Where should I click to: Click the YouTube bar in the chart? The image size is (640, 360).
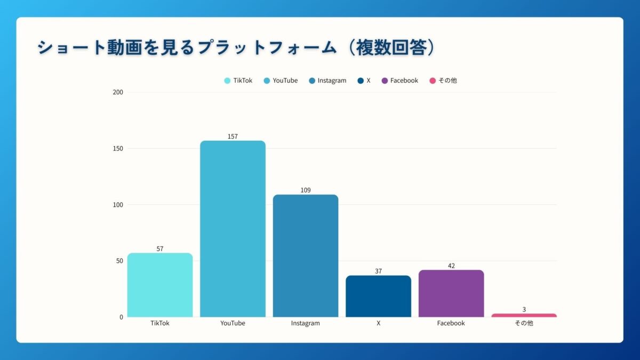(233, 229)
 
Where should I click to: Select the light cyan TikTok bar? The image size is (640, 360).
(160, 285)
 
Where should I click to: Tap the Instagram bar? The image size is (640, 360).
(306, 256)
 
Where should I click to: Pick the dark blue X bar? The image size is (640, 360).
(378, 297)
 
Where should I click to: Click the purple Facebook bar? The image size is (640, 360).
(451, 294)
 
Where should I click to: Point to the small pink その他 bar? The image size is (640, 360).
(524, 315)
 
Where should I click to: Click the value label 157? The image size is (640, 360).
(233, 137)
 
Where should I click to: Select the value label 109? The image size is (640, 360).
(306, 190)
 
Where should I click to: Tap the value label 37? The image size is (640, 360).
(378, 271)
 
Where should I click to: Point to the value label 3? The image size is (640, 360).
(524, 309)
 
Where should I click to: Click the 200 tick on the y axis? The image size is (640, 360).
(118, 92)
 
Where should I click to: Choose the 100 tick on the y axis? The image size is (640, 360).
(118, 205)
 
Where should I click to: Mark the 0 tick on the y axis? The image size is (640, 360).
(121, 317)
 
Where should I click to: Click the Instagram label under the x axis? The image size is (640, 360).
(306, 323)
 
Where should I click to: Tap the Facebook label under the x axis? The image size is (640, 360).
(451, 323)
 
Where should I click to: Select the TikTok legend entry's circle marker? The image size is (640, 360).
(227, 81)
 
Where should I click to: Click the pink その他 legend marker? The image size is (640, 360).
(433, 81)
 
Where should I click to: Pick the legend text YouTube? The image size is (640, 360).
(285, 81)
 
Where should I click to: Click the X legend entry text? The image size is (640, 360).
(369, 81)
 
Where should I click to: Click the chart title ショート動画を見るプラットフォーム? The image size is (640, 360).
(187, 47)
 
